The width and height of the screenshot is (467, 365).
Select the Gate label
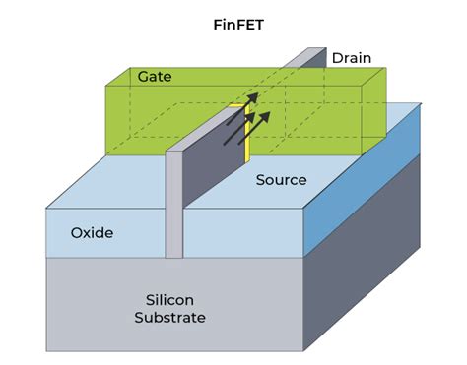click(155, 76)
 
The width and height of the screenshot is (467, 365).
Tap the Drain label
click(351, 58)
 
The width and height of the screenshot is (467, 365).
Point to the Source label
click(281, 180)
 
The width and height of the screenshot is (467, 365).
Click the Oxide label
click(92, 233)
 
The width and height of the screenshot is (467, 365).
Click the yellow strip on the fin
click(247, 133)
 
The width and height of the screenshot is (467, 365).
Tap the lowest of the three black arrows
click(235, 133)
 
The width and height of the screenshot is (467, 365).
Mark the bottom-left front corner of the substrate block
click(46, 350)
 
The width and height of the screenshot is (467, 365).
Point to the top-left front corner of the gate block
click(106, 87)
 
